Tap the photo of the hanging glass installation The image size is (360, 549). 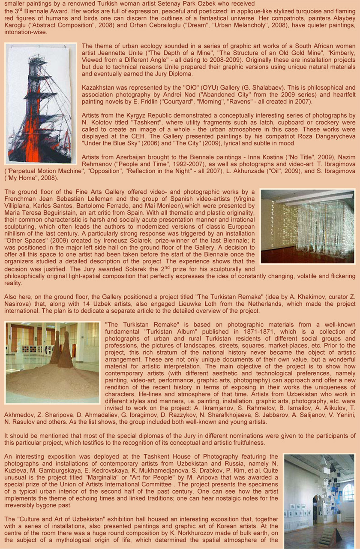pyautogui.click(x=308, y=226)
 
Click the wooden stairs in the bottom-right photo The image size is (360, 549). pyautogui.click(x=327, y=536)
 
